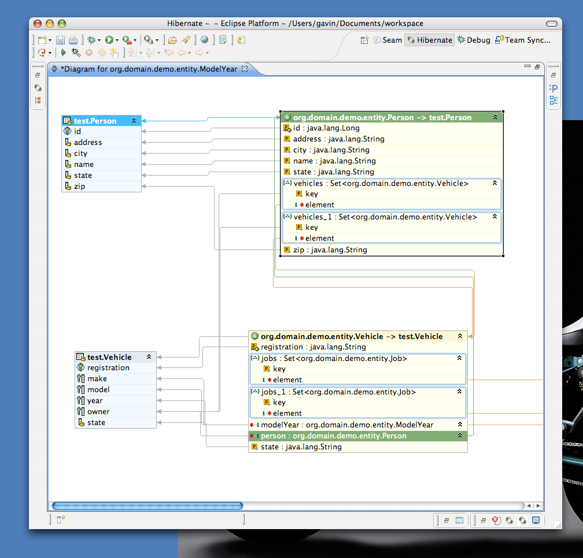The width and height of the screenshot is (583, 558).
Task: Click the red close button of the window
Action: pyautogui.click(x=38, y=24)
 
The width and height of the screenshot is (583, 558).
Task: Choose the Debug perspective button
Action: pyautogui.click(x=474, y=40)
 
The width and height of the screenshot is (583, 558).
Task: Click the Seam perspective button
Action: pyautogui.click(x=387, y=40)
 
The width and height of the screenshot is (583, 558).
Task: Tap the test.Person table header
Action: pyautogui.click(x=95, y=121)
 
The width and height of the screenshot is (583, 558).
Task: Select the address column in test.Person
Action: pyautogui.click(x=88, y=142)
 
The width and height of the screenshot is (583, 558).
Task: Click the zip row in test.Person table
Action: pyautogui.click(x=80, y=186)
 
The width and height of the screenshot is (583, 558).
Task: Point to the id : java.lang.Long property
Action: pyautogui.click(x=326, y=128)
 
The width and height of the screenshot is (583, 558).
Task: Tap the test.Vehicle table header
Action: pyautogui.click(x=109, y=357)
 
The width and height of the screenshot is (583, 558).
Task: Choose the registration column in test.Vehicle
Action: pyautogui.click(x=108, y=367)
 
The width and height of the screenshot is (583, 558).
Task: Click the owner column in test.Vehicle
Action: pyautogui.click(x=98, y=411)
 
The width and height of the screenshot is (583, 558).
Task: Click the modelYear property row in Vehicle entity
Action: pyautogui.click(x=346, y=425)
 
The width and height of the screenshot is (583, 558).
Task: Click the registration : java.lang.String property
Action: pyautogui.click(x=313, y=347)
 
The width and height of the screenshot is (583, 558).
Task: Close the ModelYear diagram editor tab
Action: pyautogui.click(x=244, y=69)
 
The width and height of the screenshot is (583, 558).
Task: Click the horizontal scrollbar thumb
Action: pyautogui.click(x=147, y=505)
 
